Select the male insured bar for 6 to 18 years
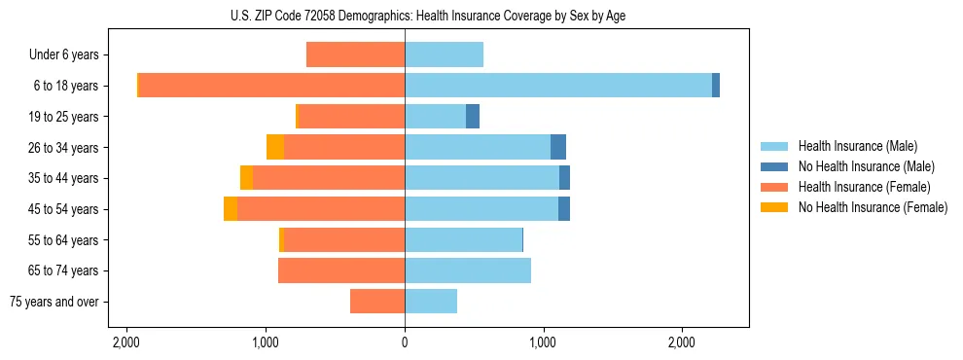click(558, 86)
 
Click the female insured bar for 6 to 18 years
click(271, 86)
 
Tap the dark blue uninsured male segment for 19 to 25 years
click(473, 117)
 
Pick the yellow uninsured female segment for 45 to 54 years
click(231, 209)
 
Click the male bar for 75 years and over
click(431, 302)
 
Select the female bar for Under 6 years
click(355, 54)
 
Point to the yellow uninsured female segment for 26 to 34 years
click(275, 147)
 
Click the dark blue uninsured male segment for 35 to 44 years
click(564, 178)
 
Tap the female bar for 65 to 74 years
click(341, 270)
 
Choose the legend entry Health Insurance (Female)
click(864, 187)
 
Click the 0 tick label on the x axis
click(405, 342)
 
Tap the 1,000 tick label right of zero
click(543, 342)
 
